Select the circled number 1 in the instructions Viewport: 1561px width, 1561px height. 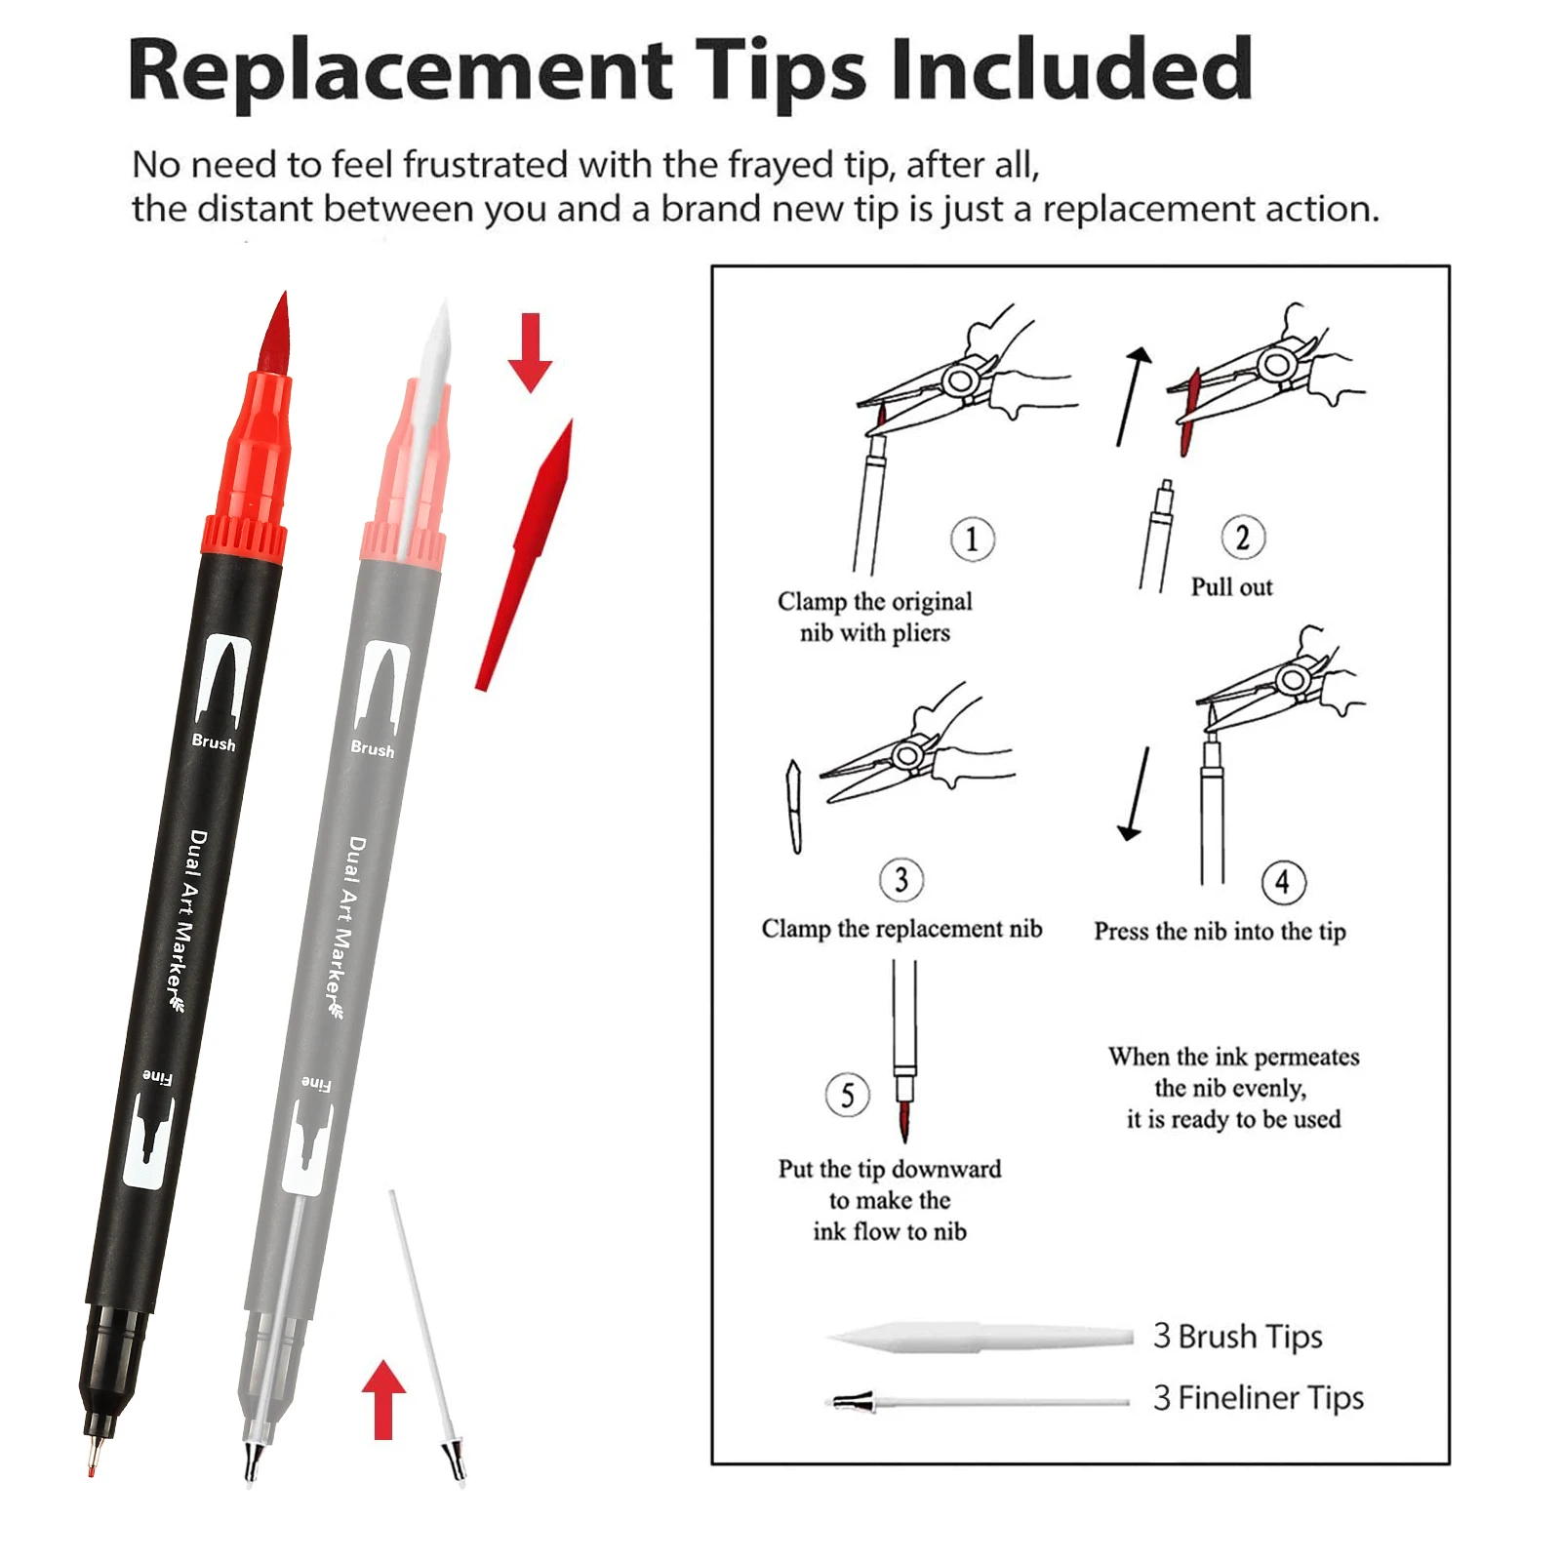[x=972, y=539]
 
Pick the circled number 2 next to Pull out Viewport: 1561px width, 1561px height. [x=1243, y=537]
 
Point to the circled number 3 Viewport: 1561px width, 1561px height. [x=901, y=880]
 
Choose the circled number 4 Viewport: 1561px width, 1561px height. [x=1283, y=882]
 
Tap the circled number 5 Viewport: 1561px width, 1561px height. [x=847, y=1095]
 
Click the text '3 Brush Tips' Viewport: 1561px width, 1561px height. [x=1237, y=1336]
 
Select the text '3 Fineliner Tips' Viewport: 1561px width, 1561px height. [x=1258, y=1398]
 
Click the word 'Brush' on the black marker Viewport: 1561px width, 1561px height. [x=214, y=742]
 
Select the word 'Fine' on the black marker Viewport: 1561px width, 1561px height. [x=157, y=1077]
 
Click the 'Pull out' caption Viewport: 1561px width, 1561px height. [x=1231, y=586]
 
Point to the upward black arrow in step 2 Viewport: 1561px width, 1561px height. [x=1133, y=396]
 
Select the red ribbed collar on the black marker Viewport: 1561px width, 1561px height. [x=243, y=540]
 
